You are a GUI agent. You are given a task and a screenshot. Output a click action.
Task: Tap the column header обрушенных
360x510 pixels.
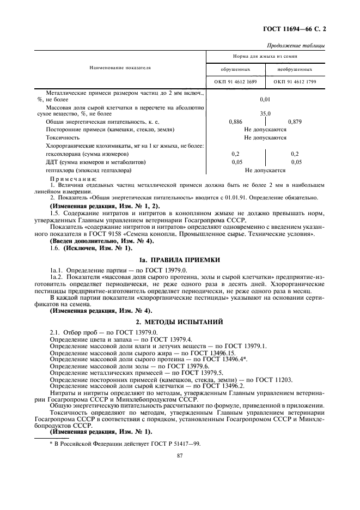(235, 70)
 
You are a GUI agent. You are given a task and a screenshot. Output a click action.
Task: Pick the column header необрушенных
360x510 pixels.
(295, 70)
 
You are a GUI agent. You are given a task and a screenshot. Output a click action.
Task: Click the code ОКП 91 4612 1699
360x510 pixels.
(235, 82)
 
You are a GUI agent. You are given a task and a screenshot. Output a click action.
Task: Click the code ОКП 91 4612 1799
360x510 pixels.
(295, 82)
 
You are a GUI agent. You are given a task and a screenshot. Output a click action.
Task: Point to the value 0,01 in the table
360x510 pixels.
(265, 100)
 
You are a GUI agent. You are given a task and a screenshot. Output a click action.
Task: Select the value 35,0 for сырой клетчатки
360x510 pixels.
(265, 114)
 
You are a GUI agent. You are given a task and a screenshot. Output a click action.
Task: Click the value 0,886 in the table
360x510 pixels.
(236, 122)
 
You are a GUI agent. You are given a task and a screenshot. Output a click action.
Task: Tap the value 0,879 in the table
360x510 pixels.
(295, 122)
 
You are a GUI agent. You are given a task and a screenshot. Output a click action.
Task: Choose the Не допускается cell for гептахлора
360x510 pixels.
(265, 170)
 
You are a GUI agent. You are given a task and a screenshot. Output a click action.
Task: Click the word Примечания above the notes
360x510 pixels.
(73, 179)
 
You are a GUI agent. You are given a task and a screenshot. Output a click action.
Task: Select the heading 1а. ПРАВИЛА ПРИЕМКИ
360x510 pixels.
(180, 245)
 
